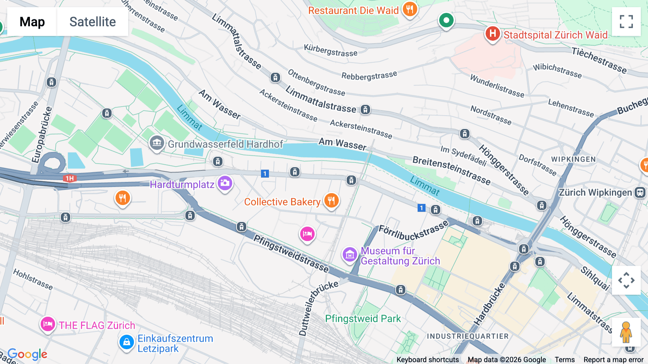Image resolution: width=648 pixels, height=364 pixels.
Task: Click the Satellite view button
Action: click(93, 22)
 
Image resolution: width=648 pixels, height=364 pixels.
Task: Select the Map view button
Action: click(32, 22)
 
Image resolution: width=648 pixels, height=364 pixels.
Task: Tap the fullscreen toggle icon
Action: click(626, 22)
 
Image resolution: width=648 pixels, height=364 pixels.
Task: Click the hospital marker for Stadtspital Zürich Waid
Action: click(492, 34)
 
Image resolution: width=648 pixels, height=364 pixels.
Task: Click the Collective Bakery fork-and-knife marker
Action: click(331, 200)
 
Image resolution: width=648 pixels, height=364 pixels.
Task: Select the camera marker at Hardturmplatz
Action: click(225, 183)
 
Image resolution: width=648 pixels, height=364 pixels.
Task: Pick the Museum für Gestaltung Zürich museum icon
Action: click(350, 255)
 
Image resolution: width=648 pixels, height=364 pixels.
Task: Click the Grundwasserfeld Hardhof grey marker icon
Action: click(157, 143)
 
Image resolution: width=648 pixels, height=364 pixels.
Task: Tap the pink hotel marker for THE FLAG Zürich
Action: click(48, 324)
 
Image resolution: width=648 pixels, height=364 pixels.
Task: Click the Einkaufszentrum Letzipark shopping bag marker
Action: click(127, 342)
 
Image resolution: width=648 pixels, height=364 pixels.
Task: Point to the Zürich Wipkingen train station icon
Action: click(640, 192)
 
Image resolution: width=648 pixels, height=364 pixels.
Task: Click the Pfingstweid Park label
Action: click(363, 319)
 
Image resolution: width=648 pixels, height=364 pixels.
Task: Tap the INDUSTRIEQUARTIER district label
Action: click(468, 336)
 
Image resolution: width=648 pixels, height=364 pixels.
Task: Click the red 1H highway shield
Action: click(70, 178)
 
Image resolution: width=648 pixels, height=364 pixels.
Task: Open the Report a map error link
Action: click(613, 360)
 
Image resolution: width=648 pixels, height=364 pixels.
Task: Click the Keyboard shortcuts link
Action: click(427, 360)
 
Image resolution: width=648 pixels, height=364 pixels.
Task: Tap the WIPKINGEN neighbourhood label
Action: click(573, 159)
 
